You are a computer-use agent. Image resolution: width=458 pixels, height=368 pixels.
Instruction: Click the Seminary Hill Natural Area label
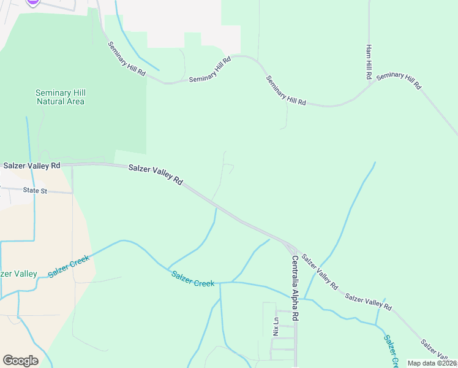(60, 97)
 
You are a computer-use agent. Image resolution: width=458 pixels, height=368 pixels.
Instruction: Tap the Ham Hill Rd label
(369, 63)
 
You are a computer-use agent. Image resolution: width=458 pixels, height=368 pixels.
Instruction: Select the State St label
(35, 191)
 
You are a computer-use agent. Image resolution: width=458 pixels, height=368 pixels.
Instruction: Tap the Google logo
(20, 360)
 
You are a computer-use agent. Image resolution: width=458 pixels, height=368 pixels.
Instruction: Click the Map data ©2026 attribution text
(432, 363)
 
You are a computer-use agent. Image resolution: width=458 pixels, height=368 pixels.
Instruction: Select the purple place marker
(33, 2)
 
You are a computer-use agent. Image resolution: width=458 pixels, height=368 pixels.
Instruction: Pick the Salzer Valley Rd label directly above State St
(31, 166)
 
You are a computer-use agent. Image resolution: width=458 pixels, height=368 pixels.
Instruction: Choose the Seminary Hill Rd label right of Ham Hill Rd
(399, 81)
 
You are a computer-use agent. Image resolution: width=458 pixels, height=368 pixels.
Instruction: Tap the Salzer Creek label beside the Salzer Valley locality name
(69, 266)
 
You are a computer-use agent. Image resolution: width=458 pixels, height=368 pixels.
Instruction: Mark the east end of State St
(72, 193)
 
